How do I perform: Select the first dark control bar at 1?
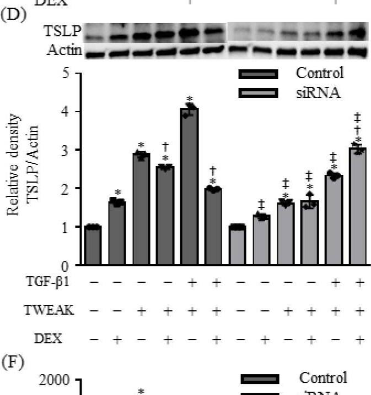point(93,245)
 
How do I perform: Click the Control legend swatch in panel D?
point(258,74)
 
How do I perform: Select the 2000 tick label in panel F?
point(55,380)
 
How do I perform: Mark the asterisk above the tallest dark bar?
point(190,99)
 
